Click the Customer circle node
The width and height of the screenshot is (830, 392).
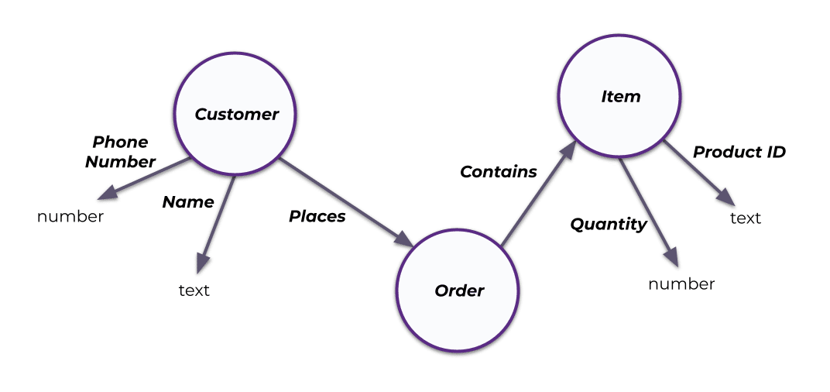pyautogui.click(x=235, y=114)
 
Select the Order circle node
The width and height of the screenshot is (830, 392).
pyautogui.click(x=459, y=291)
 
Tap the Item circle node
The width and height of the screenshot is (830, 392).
pyautogui.click(x=620, y=97)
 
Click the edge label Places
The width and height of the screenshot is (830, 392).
pyautogui.click(x=317, y=217)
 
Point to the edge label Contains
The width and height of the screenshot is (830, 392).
pyautogui.click(x=498, y=172)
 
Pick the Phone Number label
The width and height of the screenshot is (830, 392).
pyautogui.click(x=120, y=152)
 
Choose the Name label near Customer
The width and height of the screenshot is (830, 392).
pyautogui.click(x=187, y=202)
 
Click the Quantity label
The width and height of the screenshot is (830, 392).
pyautogui.click(x=608, y=225)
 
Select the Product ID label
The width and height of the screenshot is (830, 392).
pyautogui.click(x=739, y=152)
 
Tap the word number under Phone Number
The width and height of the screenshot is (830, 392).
pyautogui.click(x=70, y=217)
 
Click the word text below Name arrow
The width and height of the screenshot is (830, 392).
pyautogui.click(x=194, y=291)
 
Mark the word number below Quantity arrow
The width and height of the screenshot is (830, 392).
pyautogui.click(x=681, y=284)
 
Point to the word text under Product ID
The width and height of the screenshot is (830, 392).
pyautogui.click(x=746, y=218)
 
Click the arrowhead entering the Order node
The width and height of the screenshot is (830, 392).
pyautogui.click(x=406, y=241)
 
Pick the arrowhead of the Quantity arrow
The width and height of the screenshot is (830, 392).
pyautogui.click(x=671, y=259)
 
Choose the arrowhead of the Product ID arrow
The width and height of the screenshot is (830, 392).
pyautogui.click(x=727, y=199)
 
